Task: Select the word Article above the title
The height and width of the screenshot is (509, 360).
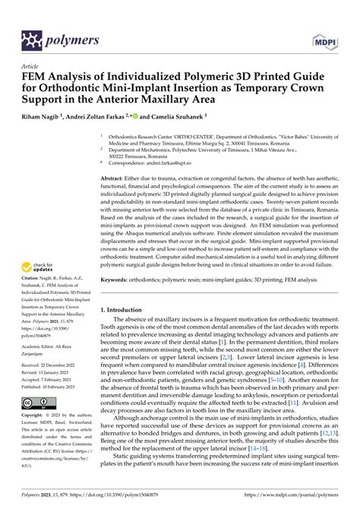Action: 33,66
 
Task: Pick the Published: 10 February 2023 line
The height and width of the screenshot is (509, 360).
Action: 55,386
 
